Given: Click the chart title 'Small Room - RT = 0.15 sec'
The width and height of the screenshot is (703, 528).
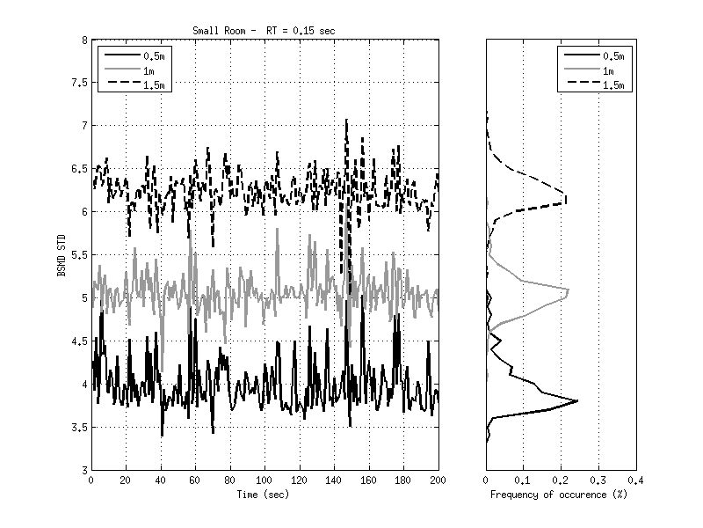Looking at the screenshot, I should coord(264,31).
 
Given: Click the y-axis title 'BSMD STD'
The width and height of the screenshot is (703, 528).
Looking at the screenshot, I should coord(62,254).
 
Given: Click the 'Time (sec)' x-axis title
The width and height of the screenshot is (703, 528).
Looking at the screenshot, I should coord(264,495).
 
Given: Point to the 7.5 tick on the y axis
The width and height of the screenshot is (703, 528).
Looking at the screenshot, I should coord(79,83).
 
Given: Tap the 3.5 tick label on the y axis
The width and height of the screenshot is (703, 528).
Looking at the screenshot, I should coord(79,428).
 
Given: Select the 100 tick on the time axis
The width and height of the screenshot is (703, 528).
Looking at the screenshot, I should coord(265,480).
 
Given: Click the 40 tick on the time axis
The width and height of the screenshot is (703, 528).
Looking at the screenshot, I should coord(160,480).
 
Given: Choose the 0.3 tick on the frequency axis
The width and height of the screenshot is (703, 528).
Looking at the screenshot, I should coord(598,480).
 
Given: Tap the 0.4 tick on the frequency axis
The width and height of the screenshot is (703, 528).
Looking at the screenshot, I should coord(636,480).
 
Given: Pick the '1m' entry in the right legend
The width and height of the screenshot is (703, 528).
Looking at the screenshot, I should coord(608,70).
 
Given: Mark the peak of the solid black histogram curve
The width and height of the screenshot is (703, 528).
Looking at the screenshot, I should coord(577,401).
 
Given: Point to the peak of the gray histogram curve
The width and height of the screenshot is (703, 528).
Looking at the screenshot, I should coord(569,290).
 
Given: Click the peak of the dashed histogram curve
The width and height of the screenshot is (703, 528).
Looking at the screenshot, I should coord(567,201).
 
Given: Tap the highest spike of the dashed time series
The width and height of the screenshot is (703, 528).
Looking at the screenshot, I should coord(346,120).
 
